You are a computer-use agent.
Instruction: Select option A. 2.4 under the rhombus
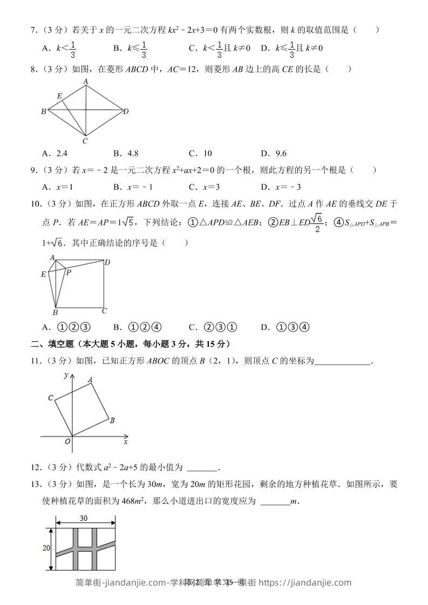pos(55,153)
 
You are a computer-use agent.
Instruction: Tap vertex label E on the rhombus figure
pos(59,96)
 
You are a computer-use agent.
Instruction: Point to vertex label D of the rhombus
pos(126,112)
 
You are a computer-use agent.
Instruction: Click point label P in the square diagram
pos(68,273)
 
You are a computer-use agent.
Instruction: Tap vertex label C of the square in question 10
pos(105,311)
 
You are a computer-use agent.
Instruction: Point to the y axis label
pos(65,375)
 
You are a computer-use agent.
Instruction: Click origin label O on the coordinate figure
pos(67,441)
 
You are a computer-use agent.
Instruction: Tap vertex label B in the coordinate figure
pos(112,420)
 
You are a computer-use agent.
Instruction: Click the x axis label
pos(125,442)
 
